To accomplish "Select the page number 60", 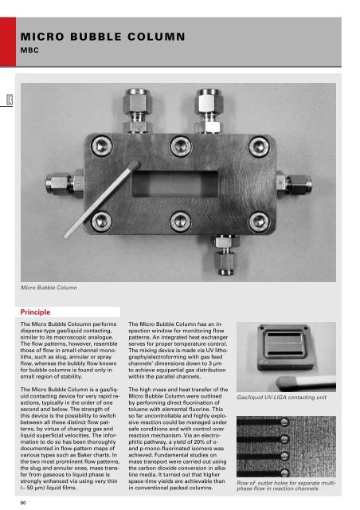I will (25, 502).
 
